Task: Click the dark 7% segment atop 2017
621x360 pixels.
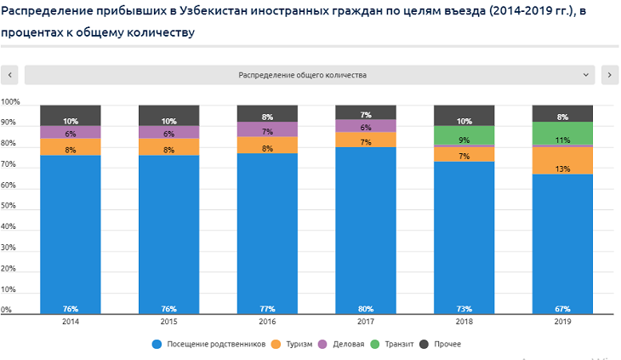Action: pos(366,112)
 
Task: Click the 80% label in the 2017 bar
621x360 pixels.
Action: pos(366,308)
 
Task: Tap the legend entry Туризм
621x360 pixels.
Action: pos(293,344)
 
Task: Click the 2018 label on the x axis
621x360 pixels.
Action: pos(464,323)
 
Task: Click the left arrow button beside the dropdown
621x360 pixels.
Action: pos(9,75)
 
